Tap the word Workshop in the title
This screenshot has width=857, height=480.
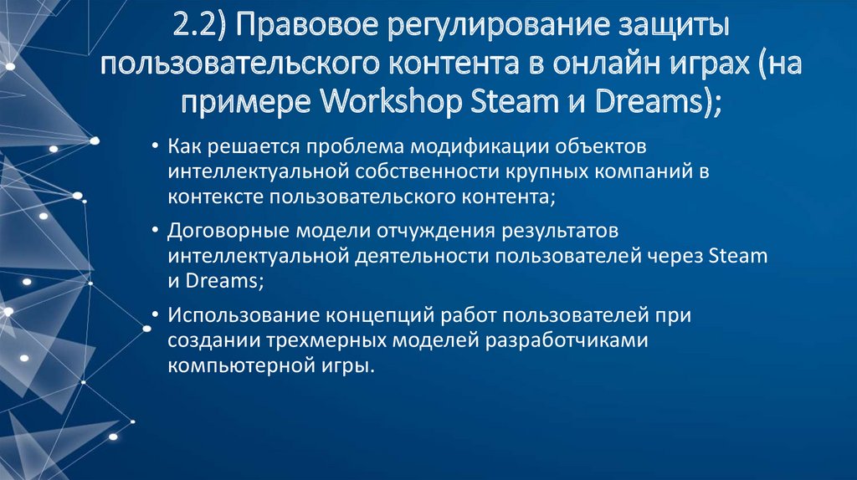[391, 103]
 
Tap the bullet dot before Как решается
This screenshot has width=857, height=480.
[157, 148]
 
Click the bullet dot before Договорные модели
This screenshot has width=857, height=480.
[157, 230]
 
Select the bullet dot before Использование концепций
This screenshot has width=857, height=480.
[157, 316]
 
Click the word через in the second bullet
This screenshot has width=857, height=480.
[675, 255]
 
